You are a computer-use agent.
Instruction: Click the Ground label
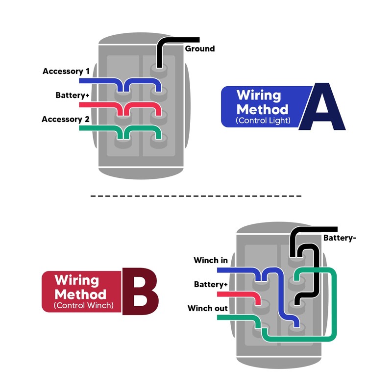pyautogui.click(x=200, y=49)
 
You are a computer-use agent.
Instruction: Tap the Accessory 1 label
pyautogui.click(x=66, y=71)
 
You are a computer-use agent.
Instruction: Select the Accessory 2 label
pyautogui.click(x=66, y=119)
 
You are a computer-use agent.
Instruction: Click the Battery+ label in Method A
pyautogui.click(x=72, y=95)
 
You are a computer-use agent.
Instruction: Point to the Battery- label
pyautogui.click(x=340, y=238)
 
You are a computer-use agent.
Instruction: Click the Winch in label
pyautogui.click(x=211, y=260)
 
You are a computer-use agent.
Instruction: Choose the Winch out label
pyautogui.click(x=207, y=308)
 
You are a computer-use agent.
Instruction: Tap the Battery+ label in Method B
pyautogui.click(x=211, y=284)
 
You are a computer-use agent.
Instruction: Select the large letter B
pyautogui.click(x=140, y=291)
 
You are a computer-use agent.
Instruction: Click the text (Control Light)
pyautogui.click(x=263, y=121)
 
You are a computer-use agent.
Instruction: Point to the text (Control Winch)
pyautogui.click(x=83, y=305)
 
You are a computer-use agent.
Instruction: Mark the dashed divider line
pyautogui.click(x=196, y=196)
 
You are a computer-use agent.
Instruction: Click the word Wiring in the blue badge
pyautogui.click(x=259, y=96)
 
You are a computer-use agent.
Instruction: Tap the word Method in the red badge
pyautogui.click(x=80, y=294)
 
